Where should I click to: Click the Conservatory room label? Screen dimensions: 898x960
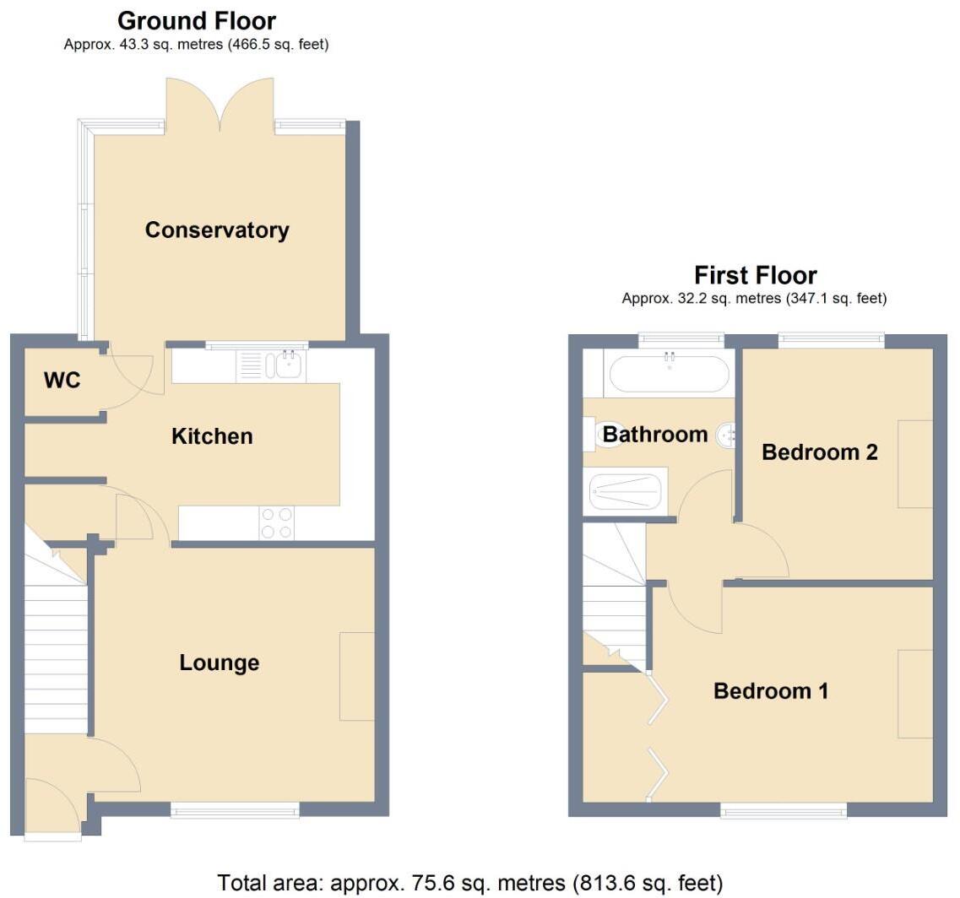pyautogui.click(x=217, y=230)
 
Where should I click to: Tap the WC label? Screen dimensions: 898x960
pyautogui.click(x=62, y=381)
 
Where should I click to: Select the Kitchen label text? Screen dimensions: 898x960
pyautogui.click(x=212, y=436)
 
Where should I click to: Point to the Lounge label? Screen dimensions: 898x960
pyautogui.click(x=219, y=663)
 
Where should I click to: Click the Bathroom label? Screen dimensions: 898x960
pyautogui.click(x=654, y=435)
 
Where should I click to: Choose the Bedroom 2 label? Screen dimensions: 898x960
pyautogui.click(x=819, y=452)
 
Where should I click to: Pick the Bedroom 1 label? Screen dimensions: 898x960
pyautogui.click(x=770, y=691)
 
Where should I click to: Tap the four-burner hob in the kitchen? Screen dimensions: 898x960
pyautogui.click(x=276, y=522)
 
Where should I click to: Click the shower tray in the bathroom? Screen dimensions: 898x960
pyautogui.click(x=625, y=491)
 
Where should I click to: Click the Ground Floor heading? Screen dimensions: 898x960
pyautogui.click(x=196, y=20)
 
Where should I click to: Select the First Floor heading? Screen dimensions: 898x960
pyautogui.click(x=755, y=275)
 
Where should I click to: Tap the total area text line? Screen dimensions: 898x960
pyautogui.click(x=470, y=883)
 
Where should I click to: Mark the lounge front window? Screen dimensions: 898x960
pyautogui.click(x=235, y=810)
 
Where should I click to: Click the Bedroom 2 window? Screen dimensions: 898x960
pyautogui.click(x=831, y=340)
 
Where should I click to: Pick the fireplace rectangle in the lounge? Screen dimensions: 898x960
pyautogui.click(x=356, y=676)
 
